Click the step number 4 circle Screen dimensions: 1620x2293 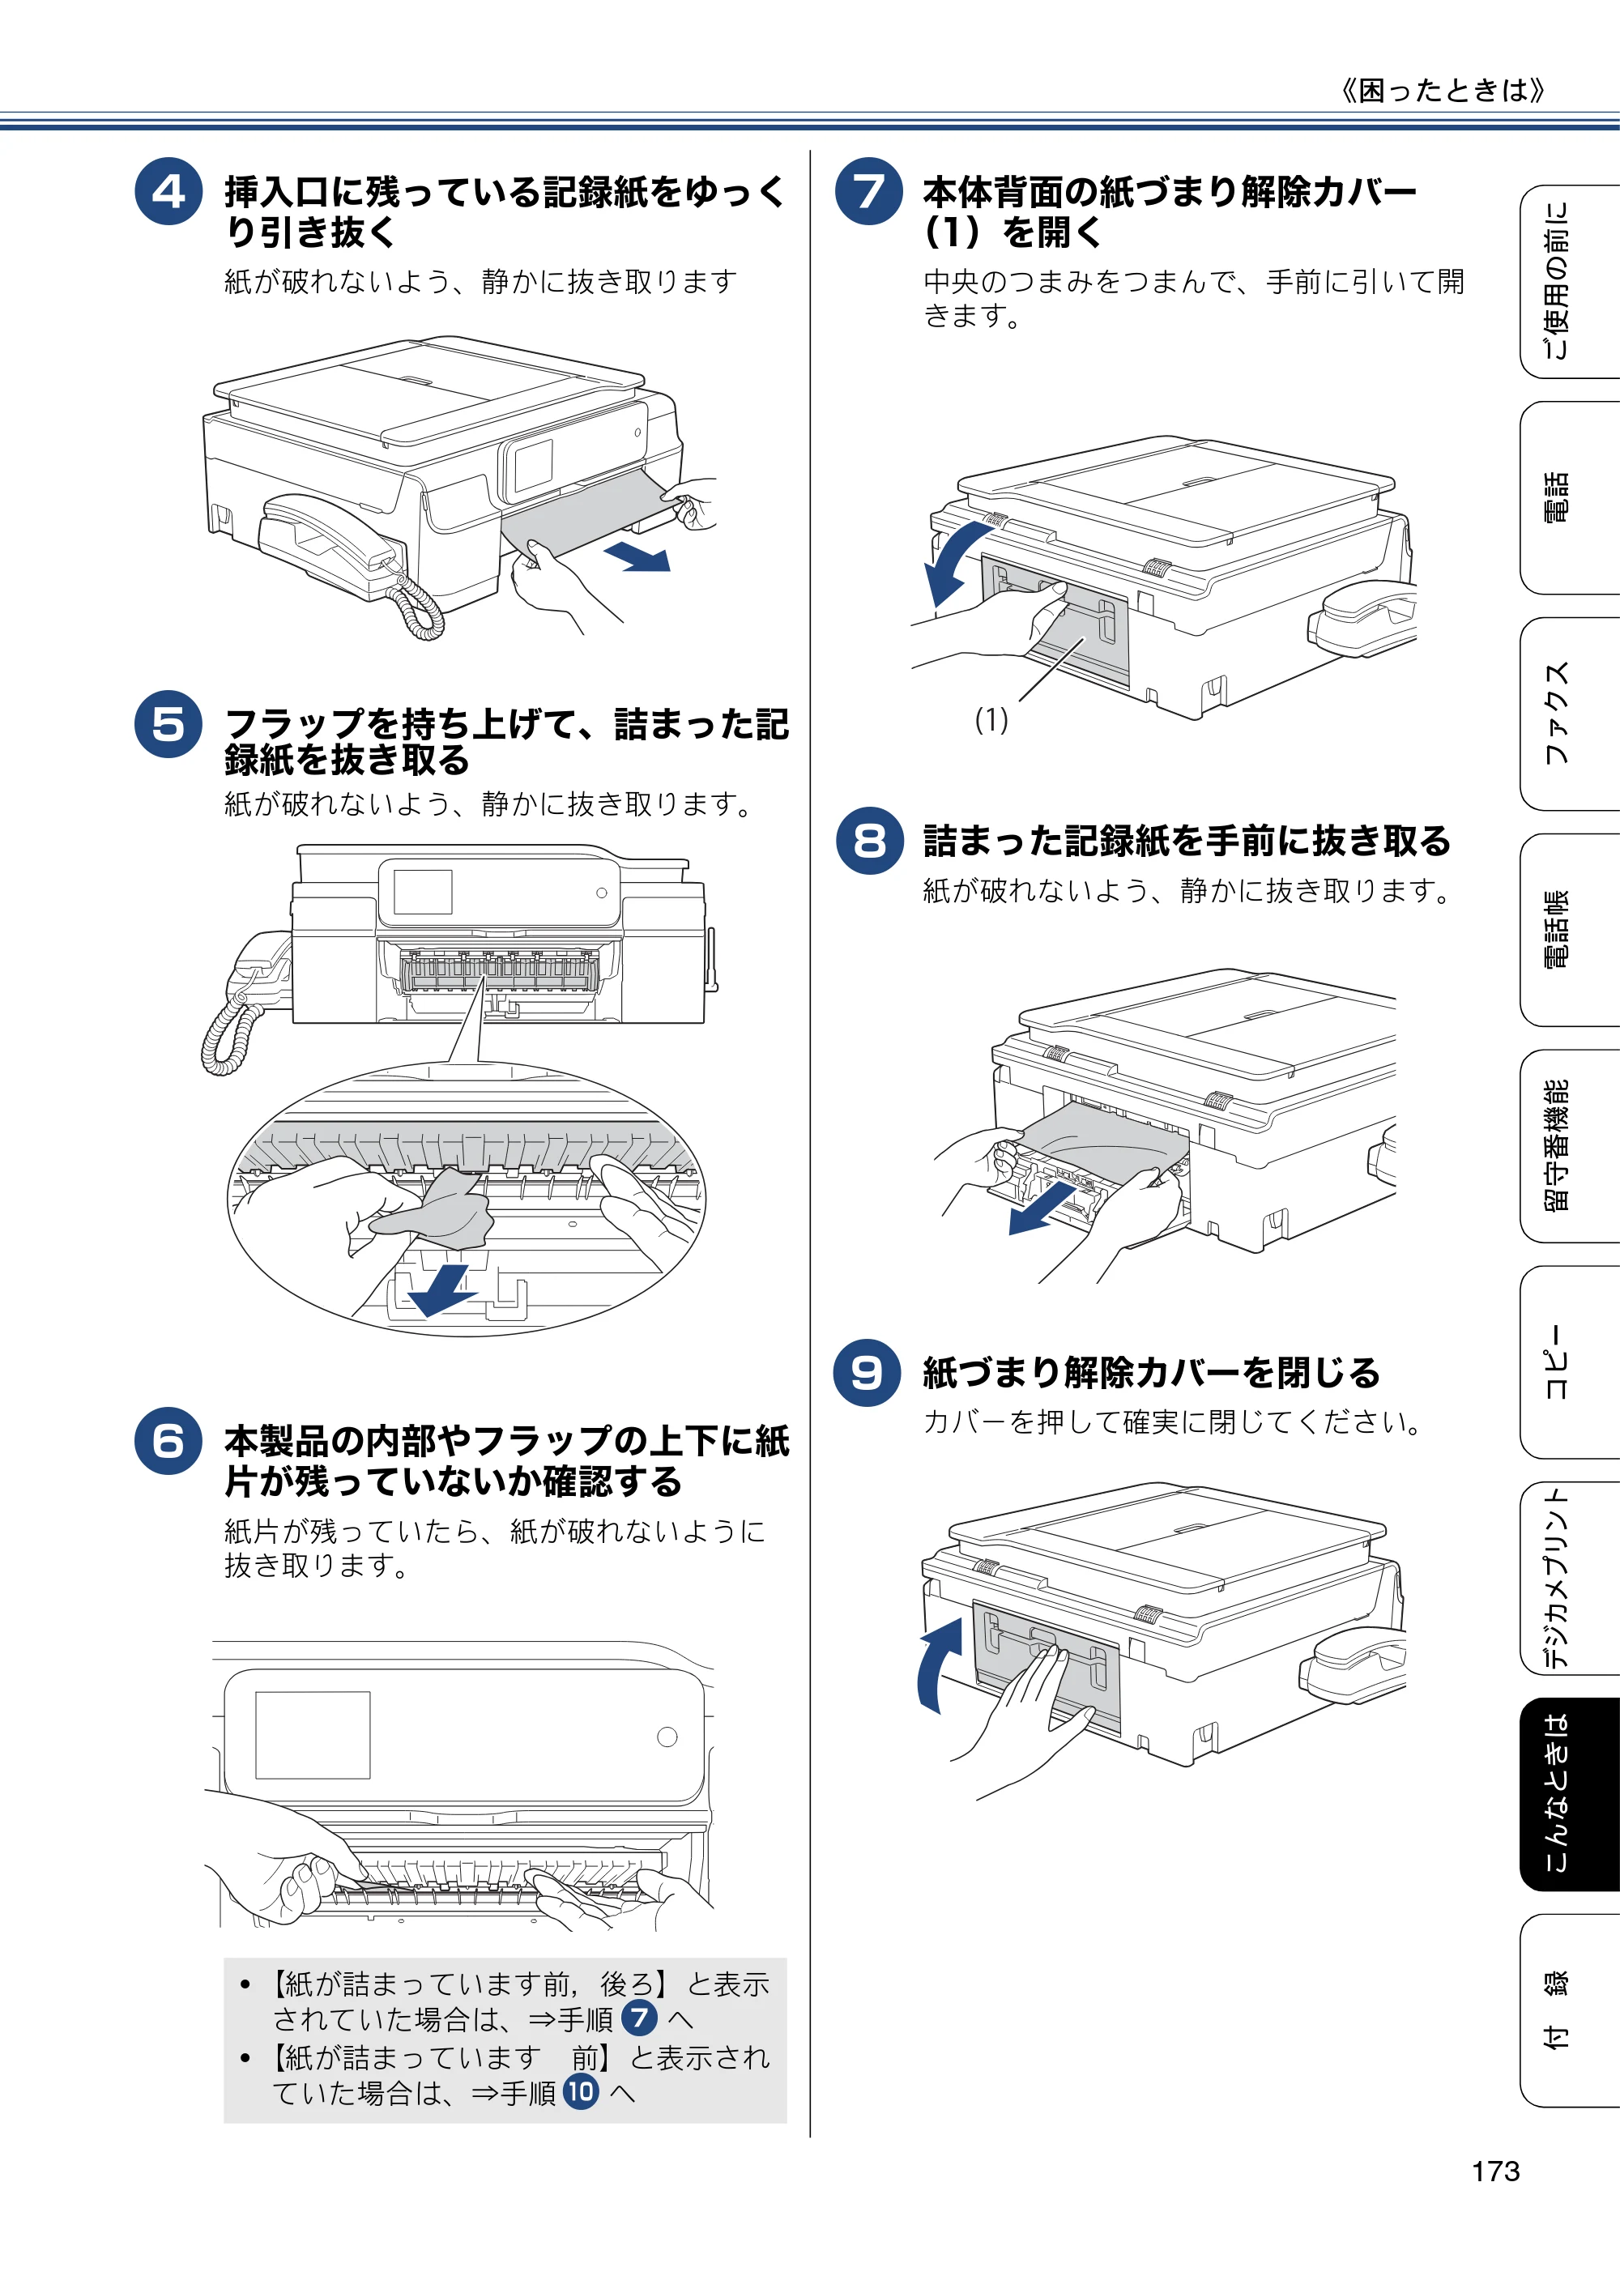point(168,191)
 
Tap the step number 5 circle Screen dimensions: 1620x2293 point(168,724)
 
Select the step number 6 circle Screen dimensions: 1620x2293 point(168,1441)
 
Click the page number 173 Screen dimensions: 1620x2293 point(1495,2172)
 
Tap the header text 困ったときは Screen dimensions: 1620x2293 point(1443,91)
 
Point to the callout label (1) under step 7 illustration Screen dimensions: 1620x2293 point(991,720)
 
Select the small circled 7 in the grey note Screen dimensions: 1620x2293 point(639,2018)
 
